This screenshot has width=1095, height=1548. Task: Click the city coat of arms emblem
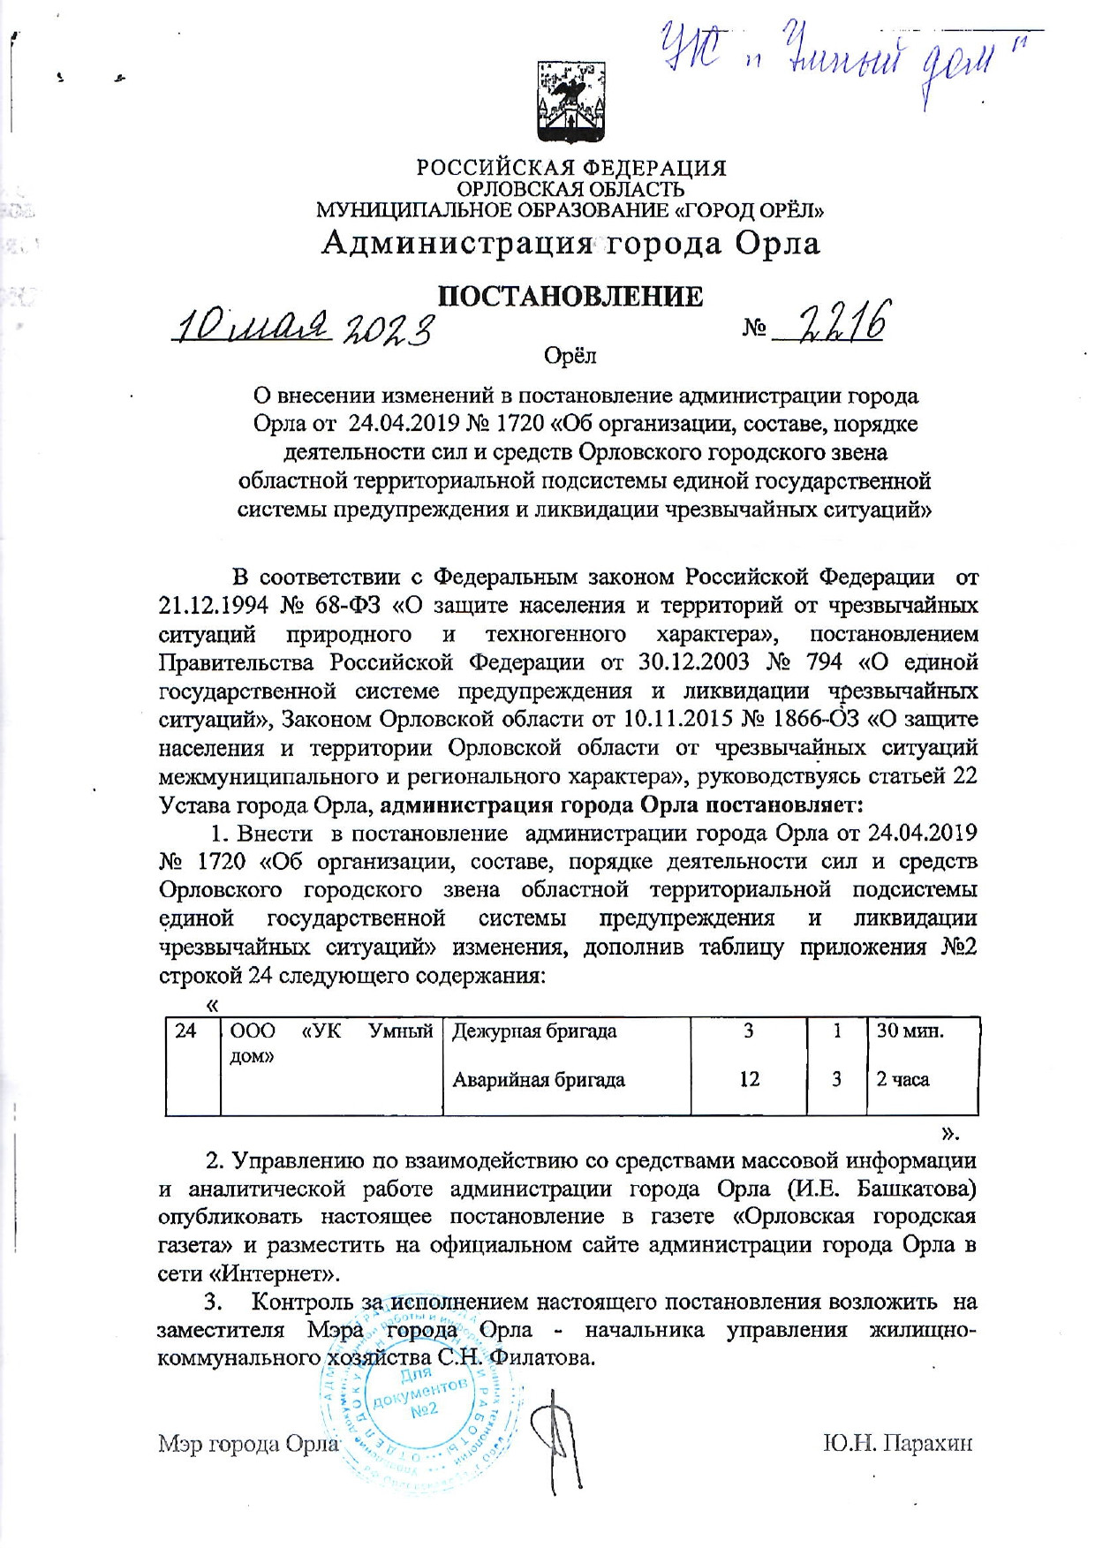(x=570, y=104)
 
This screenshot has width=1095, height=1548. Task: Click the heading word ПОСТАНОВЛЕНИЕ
(x=571, y=297)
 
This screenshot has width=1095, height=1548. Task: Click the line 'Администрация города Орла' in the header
(x=570, y=243)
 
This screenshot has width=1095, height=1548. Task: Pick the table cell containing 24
(x=185, y=1031)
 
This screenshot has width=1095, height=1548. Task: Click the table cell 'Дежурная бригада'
(x=534, y=1031)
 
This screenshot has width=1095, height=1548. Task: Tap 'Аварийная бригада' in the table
(x=539, y=1079)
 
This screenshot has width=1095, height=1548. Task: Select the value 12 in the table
(x=749, y=1079)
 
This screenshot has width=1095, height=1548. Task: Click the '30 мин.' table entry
(x=910, y=1031)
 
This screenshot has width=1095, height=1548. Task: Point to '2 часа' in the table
(x=902, y=1079)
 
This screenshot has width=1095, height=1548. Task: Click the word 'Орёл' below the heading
(x=570, y=355)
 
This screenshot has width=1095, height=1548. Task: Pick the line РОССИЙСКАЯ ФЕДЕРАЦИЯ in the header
(x=571, y=168)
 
